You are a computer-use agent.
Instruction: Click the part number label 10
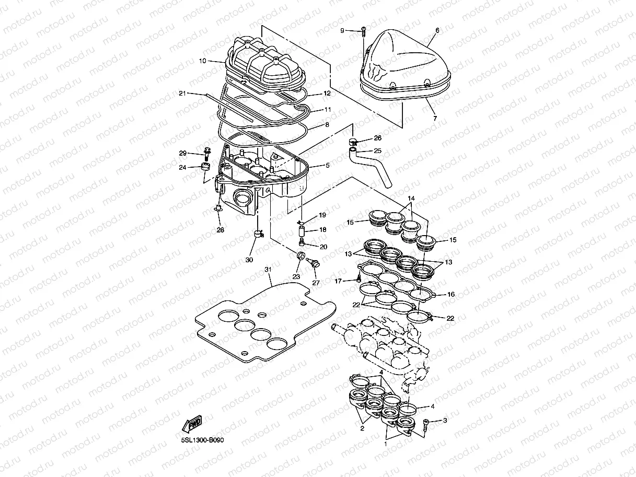click(x=202, y=61)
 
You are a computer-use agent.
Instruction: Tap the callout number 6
click(x=437, y=31)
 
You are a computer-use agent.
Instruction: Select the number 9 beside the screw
click(x=343, y=31)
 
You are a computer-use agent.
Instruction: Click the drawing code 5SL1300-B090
click(x=203, y=440)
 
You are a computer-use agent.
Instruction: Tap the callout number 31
click(x=268, y=269)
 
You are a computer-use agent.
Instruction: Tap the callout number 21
click(x=182, y=94)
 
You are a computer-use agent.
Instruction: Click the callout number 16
click(x=450, y=295)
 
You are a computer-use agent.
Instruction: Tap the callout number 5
click(x=328, y=166)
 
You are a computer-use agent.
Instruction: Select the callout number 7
click(x=434, y=119)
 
